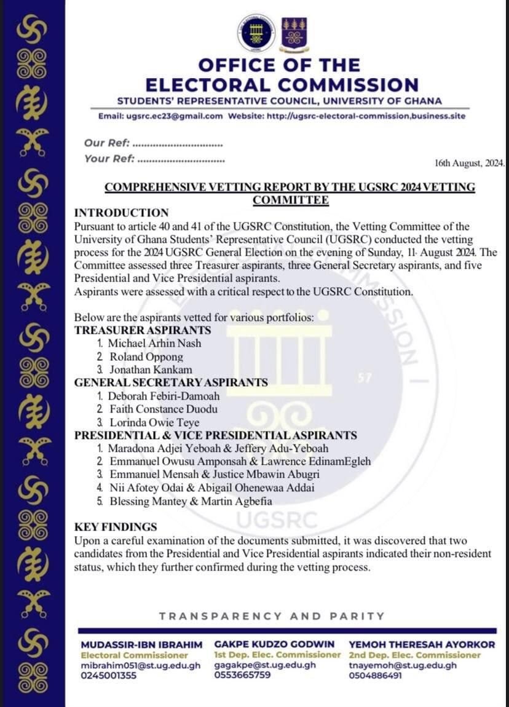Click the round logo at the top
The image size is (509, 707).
pyautogui.click(x=256, y=33)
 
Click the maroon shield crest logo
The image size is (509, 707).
pyautogui.click(x=294, y=34)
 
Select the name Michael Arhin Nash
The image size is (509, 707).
pyautogui.click(x=154, y=343)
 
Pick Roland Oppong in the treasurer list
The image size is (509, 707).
pyautogui.click(x=146, y=357)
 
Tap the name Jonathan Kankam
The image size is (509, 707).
pyautogui.click(x=151, y=369)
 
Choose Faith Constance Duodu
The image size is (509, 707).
pyautogui.click(x=164, y=409)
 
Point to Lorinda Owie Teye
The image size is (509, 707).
pyautogui.click(x=154, y=422)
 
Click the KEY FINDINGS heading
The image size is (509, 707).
pyautogui.click(x=116, y=527)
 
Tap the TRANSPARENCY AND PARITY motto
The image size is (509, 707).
pyautogui.click(x=272, y=616)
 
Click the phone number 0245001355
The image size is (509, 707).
pyautogui.click(x=109, y=675)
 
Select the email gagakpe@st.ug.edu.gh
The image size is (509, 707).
pyautogui.click(x=265, y=665)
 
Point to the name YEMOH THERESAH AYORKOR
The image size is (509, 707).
pyautogui.click(x=421, y=644)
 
